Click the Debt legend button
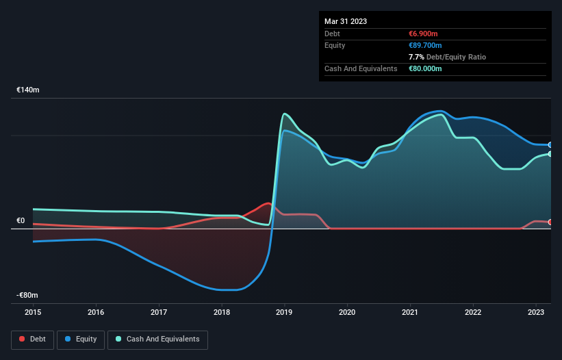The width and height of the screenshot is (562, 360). [x=31, y=339]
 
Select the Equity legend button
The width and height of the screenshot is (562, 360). [x=81, y=339]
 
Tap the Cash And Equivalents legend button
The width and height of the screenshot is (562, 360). [x=157, y=339]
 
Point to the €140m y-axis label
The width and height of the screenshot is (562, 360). [x=28, y=90]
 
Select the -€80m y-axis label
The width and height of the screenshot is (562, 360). [x=28, y=295]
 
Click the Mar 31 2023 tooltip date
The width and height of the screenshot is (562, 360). [x=346, y=21]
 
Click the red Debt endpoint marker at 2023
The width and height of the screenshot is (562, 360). [x=550, y=222]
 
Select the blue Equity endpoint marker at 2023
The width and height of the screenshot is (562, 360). [x=550, y=145]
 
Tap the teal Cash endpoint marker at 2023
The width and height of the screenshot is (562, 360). [x=550, y=154]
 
